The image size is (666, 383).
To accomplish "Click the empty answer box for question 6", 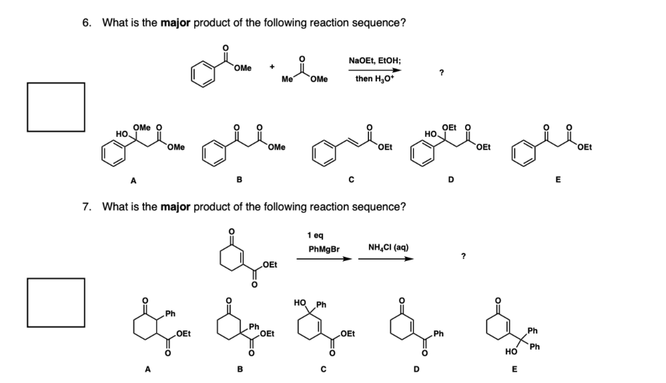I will pos(56,106).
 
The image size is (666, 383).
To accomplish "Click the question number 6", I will pos(86,23).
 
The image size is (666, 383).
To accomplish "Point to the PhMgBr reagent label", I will pos(324,250).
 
